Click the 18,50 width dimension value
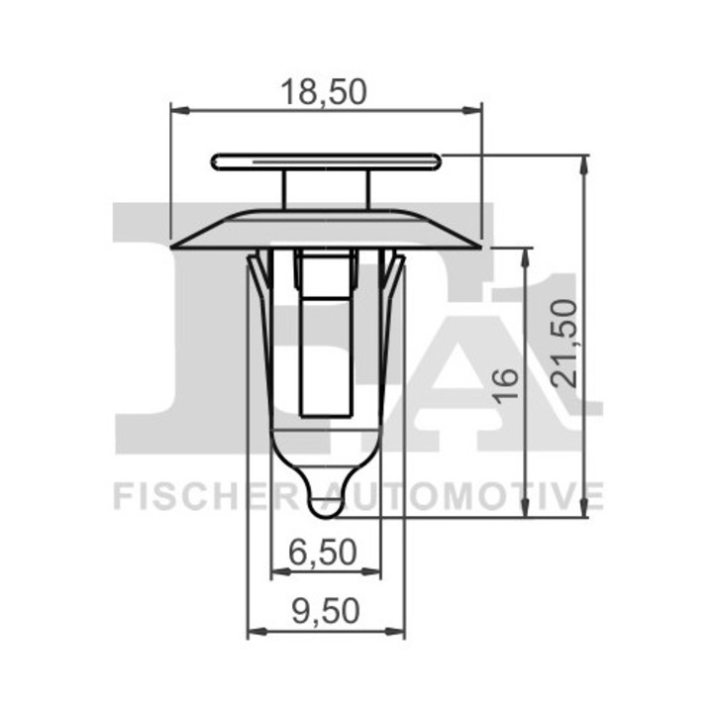325,91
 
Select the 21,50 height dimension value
566,337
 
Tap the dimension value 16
506,382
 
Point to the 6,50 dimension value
325,553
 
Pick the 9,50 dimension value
325,612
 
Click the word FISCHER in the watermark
204,494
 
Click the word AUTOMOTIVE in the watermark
465,494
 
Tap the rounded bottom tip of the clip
326,505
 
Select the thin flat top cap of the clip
326,161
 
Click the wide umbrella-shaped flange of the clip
326,229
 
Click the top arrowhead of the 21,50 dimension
585,162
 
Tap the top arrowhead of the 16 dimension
525,255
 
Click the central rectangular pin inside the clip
326,337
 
